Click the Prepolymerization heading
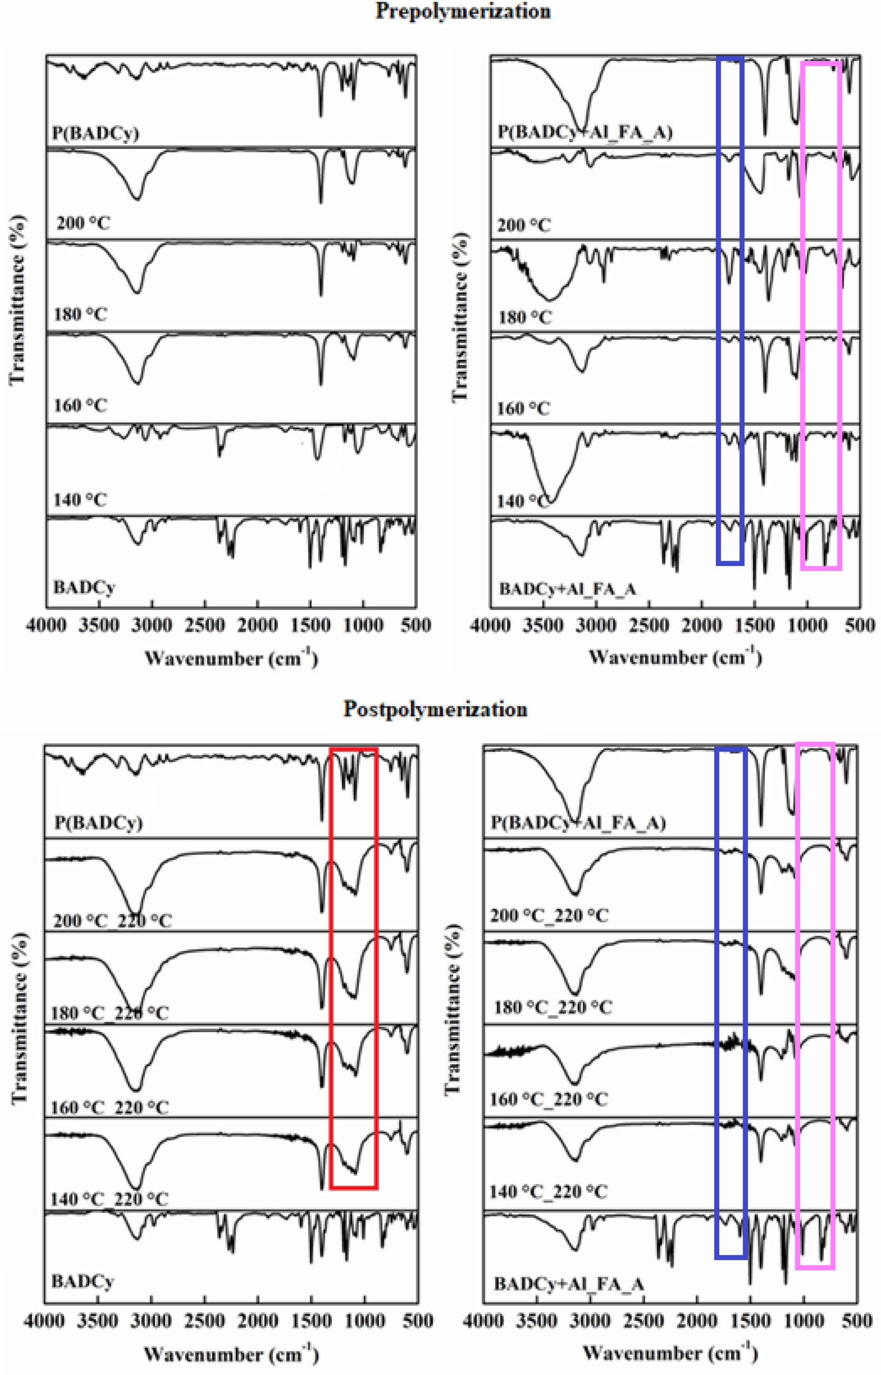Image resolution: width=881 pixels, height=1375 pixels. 463,12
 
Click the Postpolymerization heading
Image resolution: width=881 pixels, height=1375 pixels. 435,710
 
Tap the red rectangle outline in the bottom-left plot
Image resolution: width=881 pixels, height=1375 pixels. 331,973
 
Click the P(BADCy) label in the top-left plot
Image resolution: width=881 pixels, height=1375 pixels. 95,134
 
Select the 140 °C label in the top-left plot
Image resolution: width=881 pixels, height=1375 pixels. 80,500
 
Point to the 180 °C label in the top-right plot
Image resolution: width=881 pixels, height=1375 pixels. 524,317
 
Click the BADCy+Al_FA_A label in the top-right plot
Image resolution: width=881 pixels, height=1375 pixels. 568,589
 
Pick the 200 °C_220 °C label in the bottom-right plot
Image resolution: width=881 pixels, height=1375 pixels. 549,916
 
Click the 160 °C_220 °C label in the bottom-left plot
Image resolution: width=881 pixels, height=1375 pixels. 110,1108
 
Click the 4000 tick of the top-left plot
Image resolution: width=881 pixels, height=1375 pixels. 47,625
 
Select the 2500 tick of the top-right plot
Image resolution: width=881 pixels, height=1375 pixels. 648,625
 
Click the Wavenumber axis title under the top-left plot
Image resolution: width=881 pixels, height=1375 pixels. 231,658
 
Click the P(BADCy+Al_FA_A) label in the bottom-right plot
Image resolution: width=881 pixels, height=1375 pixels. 578,823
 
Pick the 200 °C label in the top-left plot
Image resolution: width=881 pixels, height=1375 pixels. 83,223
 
